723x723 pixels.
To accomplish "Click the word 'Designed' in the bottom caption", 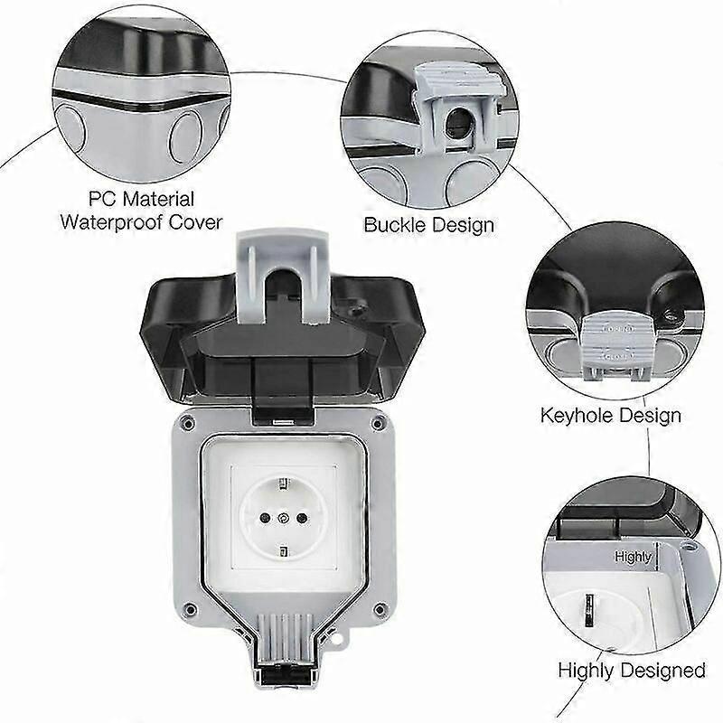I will [662, 671].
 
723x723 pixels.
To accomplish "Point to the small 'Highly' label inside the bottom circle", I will [633, 557].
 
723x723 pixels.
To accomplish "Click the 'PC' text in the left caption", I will [100, 198].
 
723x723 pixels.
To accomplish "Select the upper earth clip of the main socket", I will [285, 482].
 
